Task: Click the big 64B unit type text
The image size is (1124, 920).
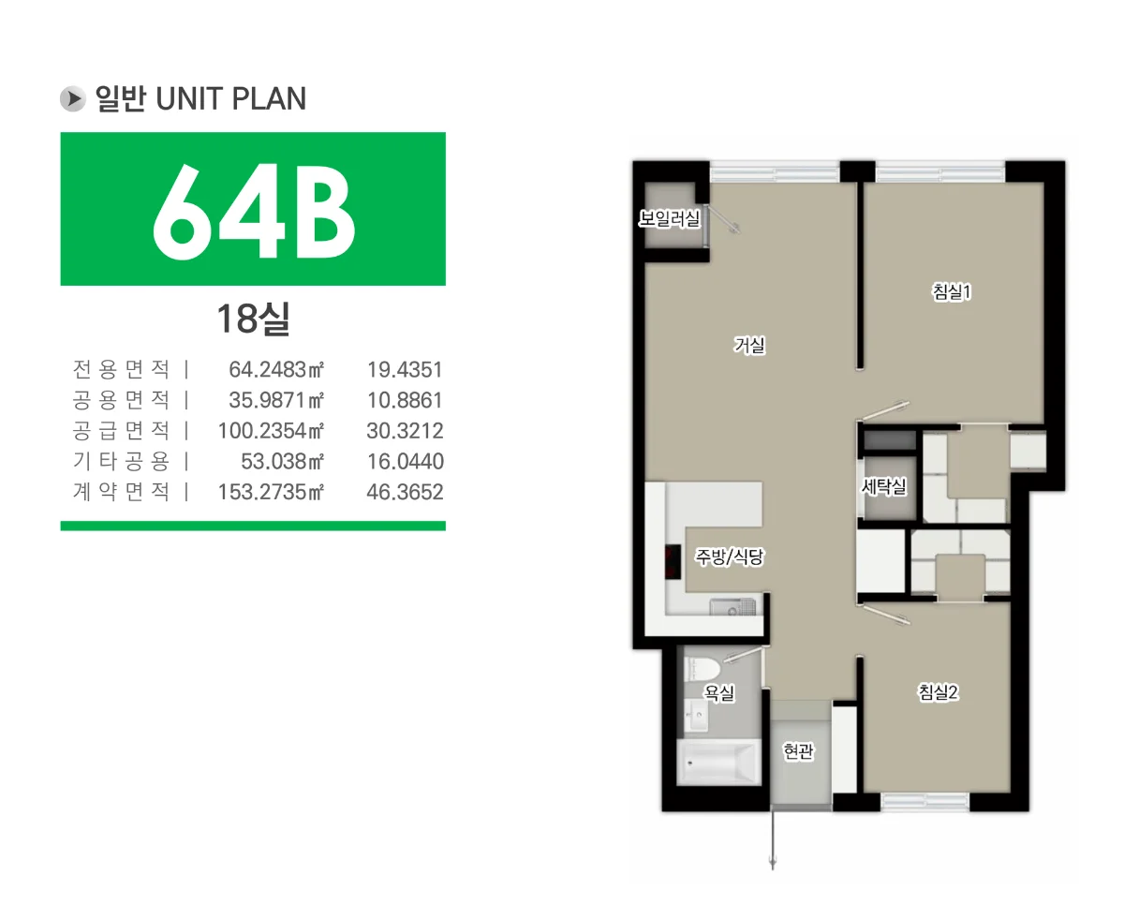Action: point(254,212)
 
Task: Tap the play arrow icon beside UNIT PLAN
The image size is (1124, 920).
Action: point(73,98)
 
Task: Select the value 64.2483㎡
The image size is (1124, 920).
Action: point(276,369)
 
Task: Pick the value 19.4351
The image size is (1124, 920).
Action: point(405,369)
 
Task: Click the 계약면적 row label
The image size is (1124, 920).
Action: point(121,492)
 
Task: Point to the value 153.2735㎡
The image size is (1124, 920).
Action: point(271,492)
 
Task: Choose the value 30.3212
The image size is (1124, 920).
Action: point(405,431)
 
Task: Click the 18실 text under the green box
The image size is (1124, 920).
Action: point(253,319)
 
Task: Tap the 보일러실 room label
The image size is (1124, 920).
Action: point(670,218)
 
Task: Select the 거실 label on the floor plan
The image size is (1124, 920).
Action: point(750,346)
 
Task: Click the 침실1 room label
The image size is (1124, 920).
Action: point(952,291)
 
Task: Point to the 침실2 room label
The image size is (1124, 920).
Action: point(938,691)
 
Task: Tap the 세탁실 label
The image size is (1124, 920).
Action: point(884,486)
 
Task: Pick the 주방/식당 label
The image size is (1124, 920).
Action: point(730,556)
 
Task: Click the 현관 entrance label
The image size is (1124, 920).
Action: point(798,751)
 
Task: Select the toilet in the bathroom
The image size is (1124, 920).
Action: point(702,669)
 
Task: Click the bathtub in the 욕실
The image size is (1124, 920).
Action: point(718,762)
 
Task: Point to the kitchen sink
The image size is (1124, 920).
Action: point(732,606)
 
